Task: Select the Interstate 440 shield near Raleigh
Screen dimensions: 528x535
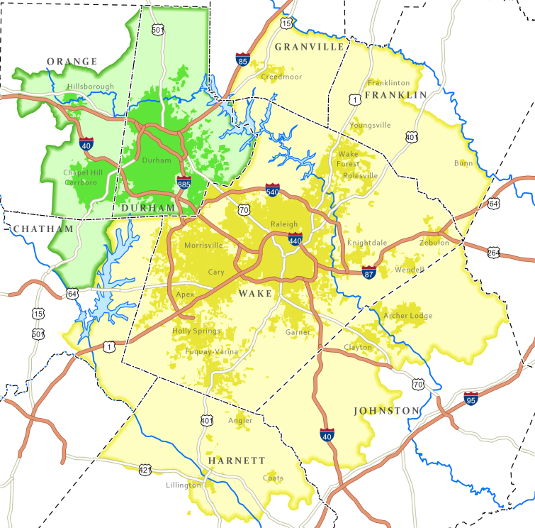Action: pyautogui.click(x=295, y=240)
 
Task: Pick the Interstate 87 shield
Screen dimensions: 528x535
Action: pyautogui.click(x=368, y=271)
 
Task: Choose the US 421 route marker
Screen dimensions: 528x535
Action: pyautogui.click(x=145, y=469)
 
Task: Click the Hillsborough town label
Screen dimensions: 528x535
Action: pyautogui.click(x=90, y=87)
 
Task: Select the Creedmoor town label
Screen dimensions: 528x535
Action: pyautogui.click(x=281, y=77)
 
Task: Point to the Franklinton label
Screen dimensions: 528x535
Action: pyautogui.click(x=389, y=82)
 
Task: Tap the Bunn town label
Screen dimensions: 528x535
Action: pyautogui.click(x=463, y=163)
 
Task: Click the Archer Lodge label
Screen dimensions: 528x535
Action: pyautogui.click(x=407, y=316)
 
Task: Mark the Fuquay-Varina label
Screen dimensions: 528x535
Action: pyautogui.click(x=212, y=352)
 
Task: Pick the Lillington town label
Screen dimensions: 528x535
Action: pyautogui.click(x=184, y=485)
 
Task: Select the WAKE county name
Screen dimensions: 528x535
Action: pyautogui.click(x=254, y=293)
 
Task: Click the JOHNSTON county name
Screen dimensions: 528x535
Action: pyautogui.click(x=386, y=411)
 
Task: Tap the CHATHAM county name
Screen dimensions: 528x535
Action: pyautogui.click(x=42, y=229)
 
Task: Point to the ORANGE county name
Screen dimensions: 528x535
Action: pyautogui.click(x=72, y=62)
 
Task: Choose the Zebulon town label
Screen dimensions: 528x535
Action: pyautogui.click(x=434, y=243)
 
